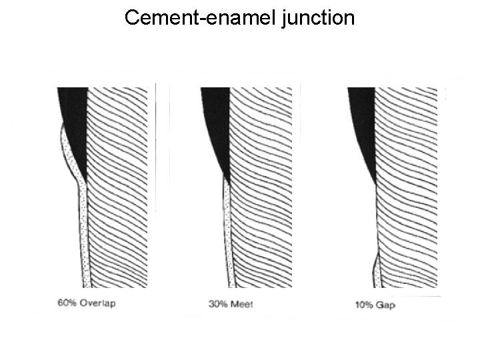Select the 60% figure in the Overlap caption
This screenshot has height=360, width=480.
coord(67,304)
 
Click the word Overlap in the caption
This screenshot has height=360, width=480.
coord(98,304)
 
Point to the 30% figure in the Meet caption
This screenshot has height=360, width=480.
coord(218,305)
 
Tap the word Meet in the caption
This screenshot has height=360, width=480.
coord(243,305)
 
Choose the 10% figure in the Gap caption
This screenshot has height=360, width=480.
coord(364,305)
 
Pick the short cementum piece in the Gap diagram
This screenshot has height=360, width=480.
coord(375,270)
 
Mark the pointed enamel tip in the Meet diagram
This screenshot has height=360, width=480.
coord(227,179)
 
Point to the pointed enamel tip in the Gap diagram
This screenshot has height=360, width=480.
coord(375,181)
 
